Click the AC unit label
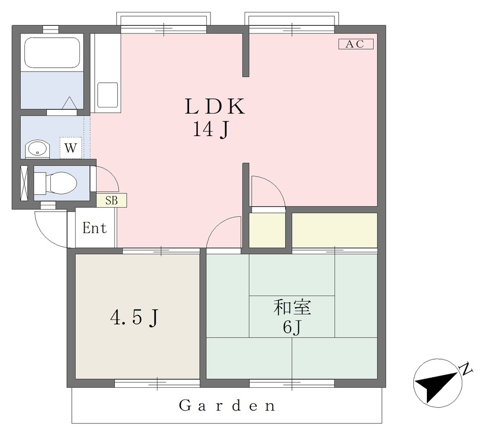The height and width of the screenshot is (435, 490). coord(356,44)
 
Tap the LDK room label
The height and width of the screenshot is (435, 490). coord(215,106)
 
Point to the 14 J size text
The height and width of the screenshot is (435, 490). coord(212,129)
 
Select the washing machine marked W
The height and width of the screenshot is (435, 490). coord(71,148)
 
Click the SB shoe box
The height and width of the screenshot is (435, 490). coord(111,200)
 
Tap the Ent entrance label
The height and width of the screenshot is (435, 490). coord(94,228)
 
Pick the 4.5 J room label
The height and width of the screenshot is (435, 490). coord(134,318)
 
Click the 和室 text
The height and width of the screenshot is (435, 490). coord(292,307)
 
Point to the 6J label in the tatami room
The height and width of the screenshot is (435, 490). coord(292,327)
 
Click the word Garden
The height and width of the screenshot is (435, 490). coord(227,405)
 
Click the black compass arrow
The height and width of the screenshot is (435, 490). coord(435,386)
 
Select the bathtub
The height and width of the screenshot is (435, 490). coord(52,53)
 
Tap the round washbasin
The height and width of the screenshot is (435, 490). coord(37,149)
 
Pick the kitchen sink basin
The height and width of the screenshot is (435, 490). coord(108,95)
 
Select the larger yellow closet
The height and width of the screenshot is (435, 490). coord(334,230)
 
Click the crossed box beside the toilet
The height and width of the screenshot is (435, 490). coord(24,183)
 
